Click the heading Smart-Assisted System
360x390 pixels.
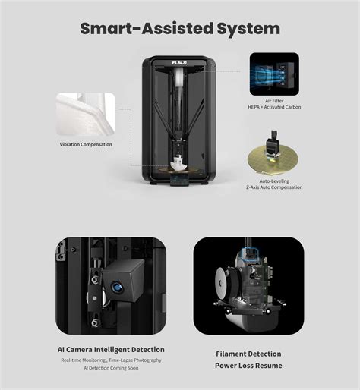[x=180, y=29]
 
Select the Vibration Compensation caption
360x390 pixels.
[x=86, y=143]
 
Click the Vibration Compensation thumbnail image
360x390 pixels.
[x=86, y=112]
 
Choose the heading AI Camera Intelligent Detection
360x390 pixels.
[x=111, y=350]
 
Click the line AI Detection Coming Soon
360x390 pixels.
[x=111, y=369]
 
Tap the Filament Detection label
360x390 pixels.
[x=248, y=354]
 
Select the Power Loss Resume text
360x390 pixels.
[x=248, y=366]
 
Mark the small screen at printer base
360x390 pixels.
[x=179, y=182]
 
